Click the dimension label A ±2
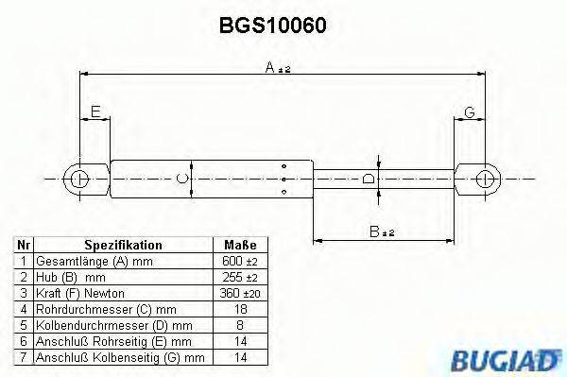276,67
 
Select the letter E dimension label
94,113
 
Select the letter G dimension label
470,113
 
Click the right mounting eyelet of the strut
485,177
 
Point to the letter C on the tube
185,177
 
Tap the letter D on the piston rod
369,177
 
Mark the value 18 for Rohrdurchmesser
239,309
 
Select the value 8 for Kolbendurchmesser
239,325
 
